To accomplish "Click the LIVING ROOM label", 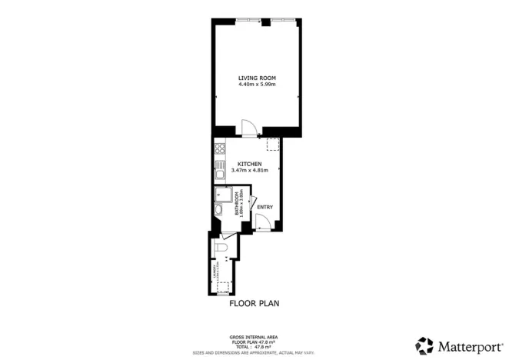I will (256, 78).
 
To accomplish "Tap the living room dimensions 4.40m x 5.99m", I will (256, 85).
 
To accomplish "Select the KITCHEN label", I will (249, 164).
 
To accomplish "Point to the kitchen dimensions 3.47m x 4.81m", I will (249, 170).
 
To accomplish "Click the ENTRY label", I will (264, 207).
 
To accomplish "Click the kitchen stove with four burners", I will (219, 149).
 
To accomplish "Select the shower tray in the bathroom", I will (223, 194).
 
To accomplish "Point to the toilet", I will (221, 248).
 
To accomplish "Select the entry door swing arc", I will (262, 224).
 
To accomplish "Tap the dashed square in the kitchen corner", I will (272, 145).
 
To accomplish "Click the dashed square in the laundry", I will (223, 288).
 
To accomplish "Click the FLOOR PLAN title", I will (254, 303).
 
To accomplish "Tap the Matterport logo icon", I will (424, 345).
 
